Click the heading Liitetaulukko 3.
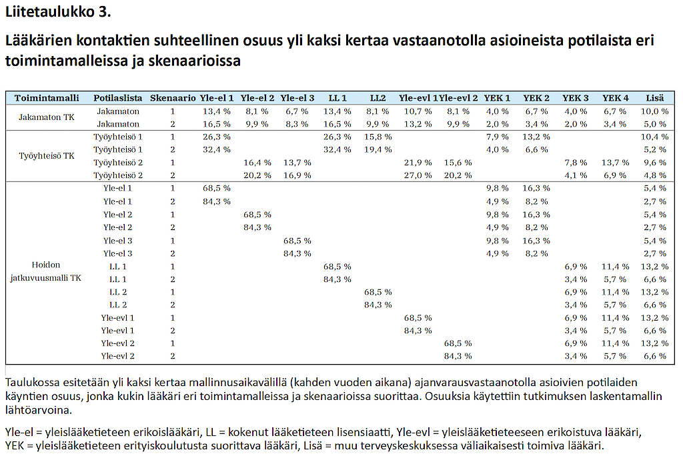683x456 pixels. tap(58, 12)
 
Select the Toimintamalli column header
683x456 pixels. tap(47, 98)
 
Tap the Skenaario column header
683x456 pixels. tap(173, 98)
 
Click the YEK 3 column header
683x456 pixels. tap(576, 98)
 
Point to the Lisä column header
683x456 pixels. tap(655, 98)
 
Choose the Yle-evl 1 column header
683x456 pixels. tap(418, 98)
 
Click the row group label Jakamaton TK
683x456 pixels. tap(47, 117)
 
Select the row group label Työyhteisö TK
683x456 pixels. tap(47, 156)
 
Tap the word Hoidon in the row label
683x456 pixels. tap(46, 265)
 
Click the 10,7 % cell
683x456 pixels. tap(418, 111)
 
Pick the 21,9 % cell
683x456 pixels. tap(418, 163)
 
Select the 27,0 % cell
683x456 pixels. tap(418, 175)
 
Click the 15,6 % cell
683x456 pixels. tap(458, 163)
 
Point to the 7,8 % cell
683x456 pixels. tap(576, 163)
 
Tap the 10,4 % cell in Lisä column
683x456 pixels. tap(655, 137)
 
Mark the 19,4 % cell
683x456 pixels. tap(378, 149)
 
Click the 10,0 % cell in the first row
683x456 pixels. tap(655, 111)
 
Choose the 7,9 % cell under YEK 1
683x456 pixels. tap(498, 137)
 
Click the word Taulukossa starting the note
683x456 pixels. tap(33, 383)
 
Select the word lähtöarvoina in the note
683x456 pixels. tap(39, 410)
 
